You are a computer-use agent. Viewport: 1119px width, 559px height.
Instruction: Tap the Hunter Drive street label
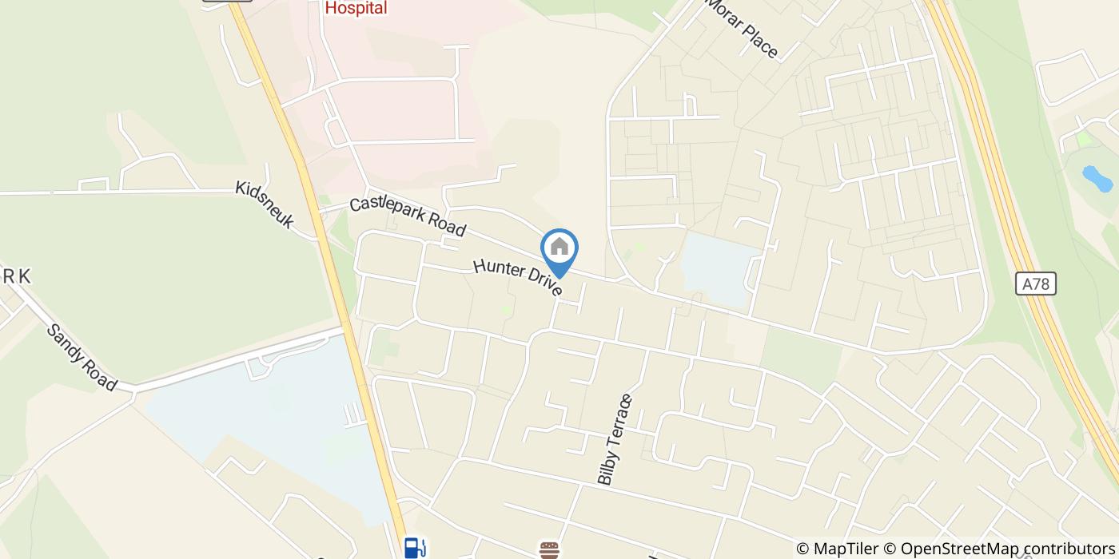coord(518,277)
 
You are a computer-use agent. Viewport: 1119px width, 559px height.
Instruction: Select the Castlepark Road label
coord(408,216)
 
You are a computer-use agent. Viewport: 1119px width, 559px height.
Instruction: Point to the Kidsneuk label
coord(265,205)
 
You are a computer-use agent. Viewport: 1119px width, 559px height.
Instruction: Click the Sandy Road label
coord(82,357)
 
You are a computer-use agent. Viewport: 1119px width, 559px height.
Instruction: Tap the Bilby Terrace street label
coord(615,439)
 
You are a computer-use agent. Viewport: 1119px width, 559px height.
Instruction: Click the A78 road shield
coord(1036,283)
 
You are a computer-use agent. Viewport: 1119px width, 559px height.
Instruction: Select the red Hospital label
coord(356,8)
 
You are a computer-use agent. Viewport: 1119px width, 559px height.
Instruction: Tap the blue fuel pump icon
coord(414,548)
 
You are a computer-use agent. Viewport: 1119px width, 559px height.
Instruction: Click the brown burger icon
coord(548,550)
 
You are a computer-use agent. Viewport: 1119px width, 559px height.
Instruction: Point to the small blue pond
coord(1097,179)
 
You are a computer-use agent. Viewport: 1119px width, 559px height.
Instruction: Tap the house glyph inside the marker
coord(559,246)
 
